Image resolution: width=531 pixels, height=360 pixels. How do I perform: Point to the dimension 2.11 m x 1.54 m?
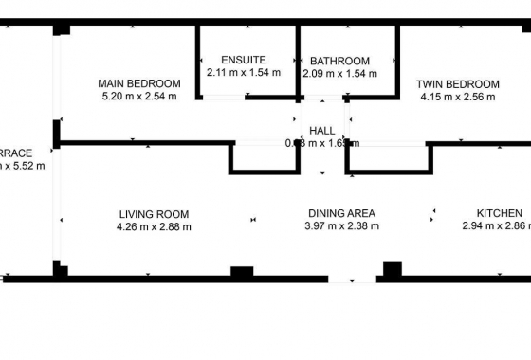[243, 71]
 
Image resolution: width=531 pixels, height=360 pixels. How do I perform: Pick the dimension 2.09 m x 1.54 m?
[339, 73]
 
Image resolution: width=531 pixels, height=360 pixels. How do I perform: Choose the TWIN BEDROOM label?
[458, 84]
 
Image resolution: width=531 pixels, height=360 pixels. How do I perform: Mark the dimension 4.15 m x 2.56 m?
[458, 97]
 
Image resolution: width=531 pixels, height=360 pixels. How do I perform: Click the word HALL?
[322, 131]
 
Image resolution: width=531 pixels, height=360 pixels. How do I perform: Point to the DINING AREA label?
[341, 213]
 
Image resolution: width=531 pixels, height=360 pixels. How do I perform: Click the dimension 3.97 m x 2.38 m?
[341, 226]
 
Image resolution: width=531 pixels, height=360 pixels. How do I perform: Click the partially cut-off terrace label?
[16, 153]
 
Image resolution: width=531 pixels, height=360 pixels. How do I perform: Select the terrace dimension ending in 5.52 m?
[22, 165]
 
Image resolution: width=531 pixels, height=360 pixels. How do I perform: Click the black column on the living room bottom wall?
[242, 274]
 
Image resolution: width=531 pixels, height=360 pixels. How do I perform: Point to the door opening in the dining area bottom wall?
[352, 279]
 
